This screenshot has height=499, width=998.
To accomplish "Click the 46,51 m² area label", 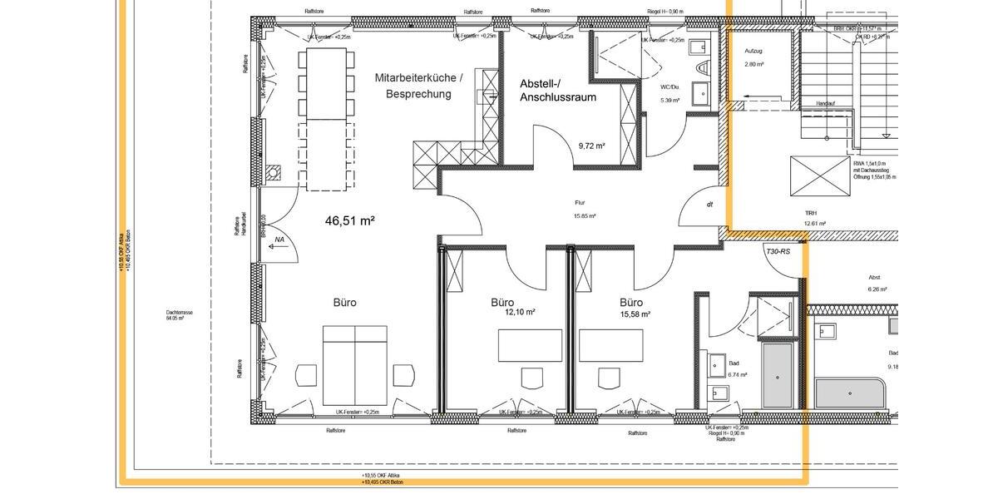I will (x=349, y=221).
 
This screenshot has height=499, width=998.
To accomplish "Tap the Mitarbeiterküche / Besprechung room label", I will (x=418, y=86).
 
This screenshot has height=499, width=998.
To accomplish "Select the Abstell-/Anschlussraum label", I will (x=558, y=91).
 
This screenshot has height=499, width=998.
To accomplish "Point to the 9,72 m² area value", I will (x=591, y=146).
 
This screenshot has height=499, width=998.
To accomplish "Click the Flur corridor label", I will (x=581, y=203).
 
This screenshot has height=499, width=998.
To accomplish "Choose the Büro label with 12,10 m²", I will (x=502, y=303).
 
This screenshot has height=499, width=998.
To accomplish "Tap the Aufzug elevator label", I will (x=753, y=52).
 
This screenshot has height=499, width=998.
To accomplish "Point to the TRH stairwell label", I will (x=810, y=213).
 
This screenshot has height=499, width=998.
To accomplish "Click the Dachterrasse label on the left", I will (x=180, y=314).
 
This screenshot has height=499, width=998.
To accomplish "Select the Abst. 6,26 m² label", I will (x=875, y=278).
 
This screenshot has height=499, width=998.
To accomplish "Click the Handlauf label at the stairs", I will (x=825, y=104).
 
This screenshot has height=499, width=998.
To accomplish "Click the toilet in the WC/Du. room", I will (x=704, y=67).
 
